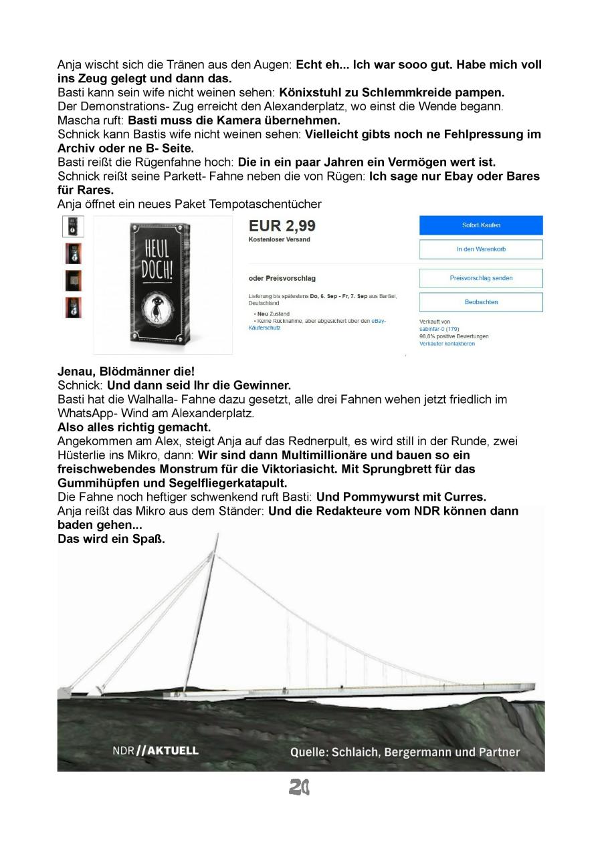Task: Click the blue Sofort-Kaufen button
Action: pos(481,225)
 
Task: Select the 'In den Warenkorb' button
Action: pos(481,249)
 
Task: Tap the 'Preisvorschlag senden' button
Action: pos(481,278)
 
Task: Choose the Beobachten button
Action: pos(481,302)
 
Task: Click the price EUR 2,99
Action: pos(282,226)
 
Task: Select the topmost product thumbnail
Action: pos(73,227)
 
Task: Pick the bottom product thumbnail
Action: pos(73,308)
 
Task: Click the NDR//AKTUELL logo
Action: pos(155,750)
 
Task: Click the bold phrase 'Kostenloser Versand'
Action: pos(280,239)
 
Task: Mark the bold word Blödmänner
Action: pos(132,371)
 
